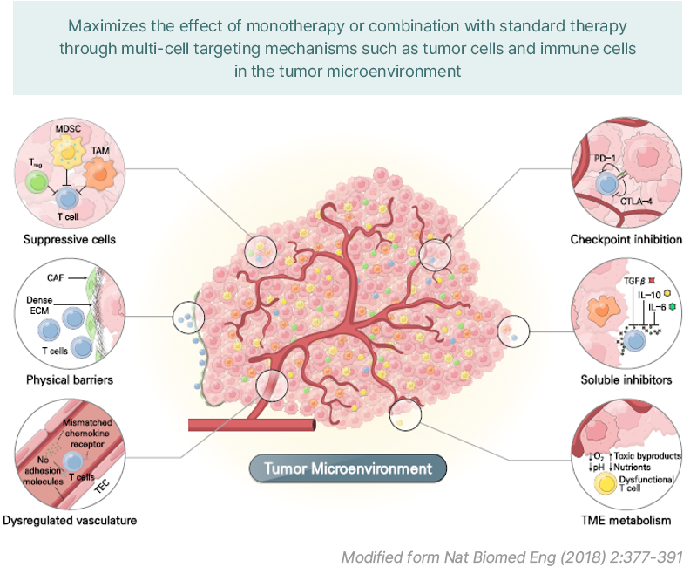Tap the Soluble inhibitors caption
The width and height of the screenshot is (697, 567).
point(626,379)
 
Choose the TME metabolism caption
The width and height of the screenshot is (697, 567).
point(626,521)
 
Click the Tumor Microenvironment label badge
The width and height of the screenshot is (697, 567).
point(348,468)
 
